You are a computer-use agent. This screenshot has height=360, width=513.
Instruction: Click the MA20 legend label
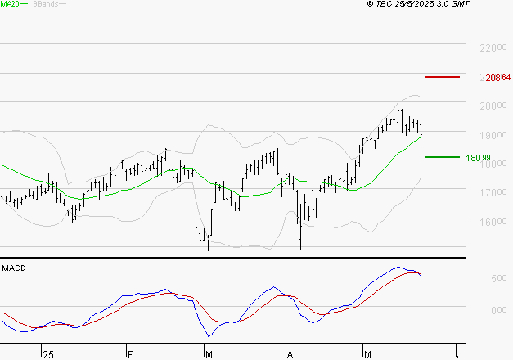(10, 4)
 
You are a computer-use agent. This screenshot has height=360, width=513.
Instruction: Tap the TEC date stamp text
(419, 4)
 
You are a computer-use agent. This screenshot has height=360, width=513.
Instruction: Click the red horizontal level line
(442, 77)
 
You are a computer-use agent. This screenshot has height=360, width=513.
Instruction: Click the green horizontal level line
(442, 156)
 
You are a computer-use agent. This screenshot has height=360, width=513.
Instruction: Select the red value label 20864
(497, 78)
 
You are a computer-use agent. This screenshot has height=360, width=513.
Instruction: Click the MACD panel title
(14, 268)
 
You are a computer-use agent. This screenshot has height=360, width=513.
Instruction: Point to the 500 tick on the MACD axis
(476, 279)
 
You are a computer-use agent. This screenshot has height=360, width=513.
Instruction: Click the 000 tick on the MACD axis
(476, 310)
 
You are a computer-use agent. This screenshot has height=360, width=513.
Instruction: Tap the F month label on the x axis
(129, 354)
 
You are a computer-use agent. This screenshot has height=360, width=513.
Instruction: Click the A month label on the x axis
(289, 354)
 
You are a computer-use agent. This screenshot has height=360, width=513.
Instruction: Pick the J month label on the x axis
(459, 354)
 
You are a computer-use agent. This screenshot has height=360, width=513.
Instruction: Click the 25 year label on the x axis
(49, 354)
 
